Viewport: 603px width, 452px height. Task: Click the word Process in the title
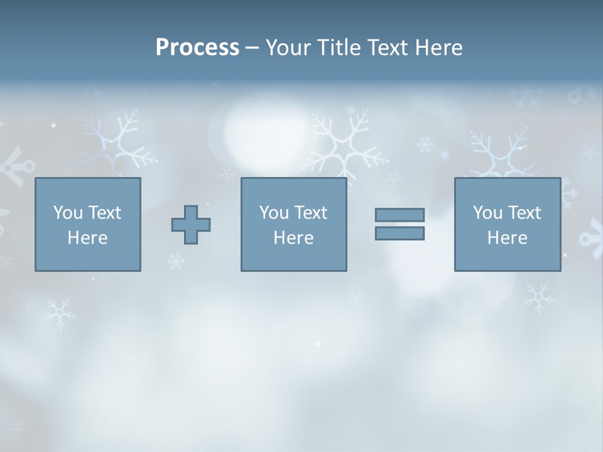tap(197, 48)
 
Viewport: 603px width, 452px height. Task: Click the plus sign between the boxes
tap(191, 224)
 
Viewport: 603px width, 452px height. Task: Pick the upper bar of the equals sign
tap(399, 215)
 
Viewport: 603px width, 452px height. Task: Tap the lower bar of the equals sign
tap(399, 234)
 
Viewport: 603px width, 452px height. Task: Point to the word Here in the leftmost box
tap(87, 238)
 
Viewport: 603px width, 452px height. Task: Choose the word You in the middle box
tap(274, 213)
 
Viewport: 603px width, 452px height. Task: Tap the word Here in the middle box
tap(293, 238)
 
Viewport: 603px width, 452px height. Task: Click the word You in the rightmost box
tap(487, 213)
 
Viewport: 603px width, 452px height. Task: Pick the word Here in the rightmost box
tap(507, 238)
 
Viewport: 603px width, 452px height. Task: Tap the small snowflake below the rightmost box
tap(538, 297)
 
